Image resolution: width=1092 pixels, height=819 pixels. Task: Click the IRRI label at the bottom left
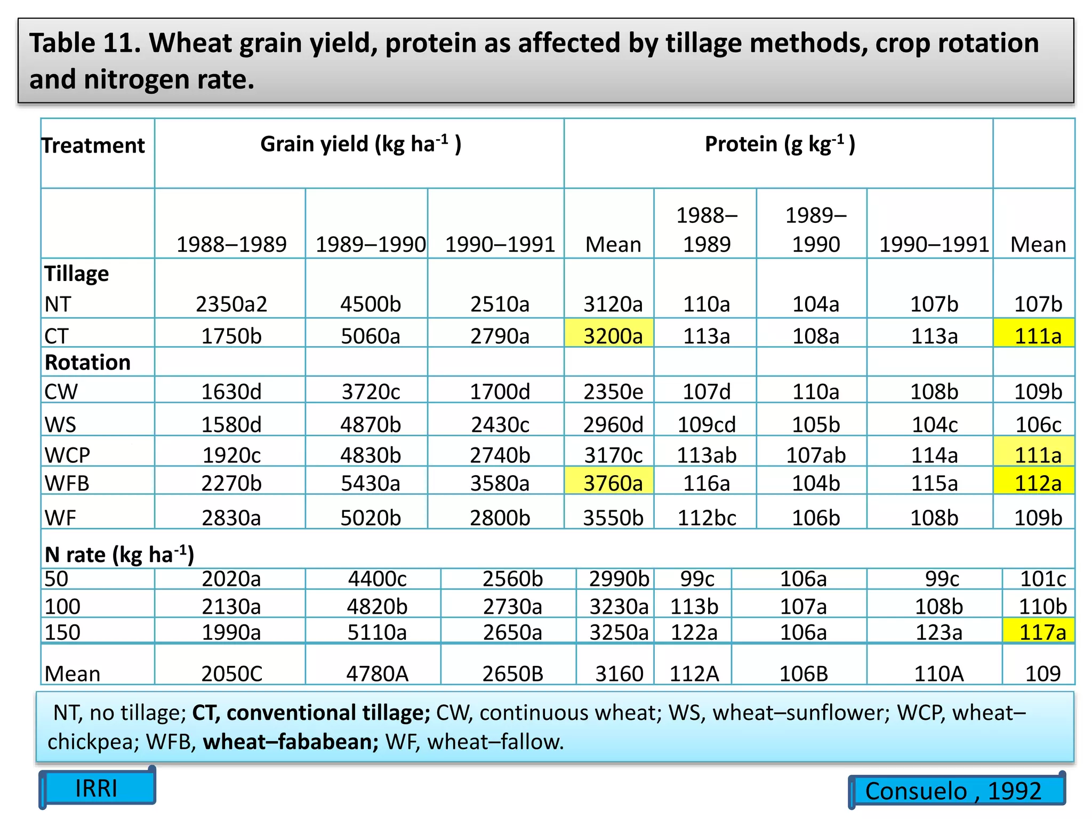pos(97,788)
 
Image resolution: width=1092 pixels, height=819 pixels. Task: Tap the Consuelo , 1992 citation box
pos(953,791)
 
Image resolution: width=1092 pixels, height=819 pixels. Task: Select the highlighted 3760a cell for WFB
pos(613,483)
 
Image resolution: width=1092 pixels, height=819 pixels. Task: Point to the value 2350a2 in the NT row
pos(231,304)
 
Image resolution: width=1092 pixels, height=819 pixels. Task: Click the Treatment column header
pos(93,146)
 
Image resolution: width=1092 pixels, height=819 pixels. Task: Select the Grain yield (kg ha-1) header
pos(360,144)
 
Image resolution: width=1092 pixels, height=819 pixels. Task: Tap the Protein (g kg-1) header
pos(780,144)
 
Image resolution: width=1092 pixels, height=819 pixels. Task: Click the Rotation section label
pos(87,363)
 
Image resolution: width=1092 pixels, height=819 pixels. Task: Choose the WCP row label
pos(67,455)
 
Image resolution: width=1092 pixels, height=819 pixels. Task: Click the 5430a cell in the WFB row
pos(370,483)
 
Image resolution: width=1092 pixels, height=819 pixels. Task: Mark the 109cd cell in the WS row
pos(706,424)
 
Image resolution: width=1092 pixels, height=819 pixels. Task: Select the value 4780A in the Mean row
pos(377,673)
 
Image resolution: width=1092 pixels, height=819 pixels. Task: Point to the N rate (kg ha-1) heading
pos(119,555)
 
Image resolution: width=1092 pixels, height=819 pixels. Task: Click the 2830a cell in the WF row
pos(231,518)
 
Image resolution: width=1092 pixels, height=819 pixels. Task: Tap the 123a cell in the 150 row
pos(938,632)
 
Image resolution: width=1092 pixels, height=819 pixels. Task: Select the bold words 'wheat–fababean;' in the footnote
pos(291,742)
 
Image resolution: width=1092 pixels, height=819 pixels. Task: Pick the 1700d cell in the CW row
pos(500,392)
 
